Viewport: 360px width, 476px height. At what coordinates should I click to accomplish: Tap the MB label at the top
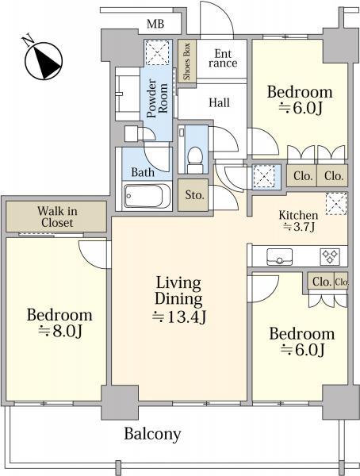click(x=155, y=24)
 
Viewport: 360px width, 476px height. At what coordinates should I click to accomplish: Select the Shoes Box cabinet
click(x=186, y=61)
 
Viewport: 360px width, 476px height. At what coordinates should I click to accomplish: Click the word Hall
click(x=219, y=102)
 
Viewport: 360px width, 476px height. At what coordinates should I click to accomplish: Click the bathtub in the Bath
click(x=147, y=197)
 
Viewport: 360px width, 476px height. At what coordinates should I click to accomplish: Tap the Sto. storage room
click(x=193, y=195)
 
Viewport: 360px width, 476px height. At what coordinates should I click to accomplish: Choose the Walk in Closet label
click(x=57, y=217)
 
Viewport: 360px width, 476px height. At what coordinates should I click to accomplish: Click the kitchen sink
click(x=280, y=257)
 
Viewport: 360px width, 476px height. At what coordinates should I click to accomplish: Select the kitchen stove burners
click(x=330, y=257)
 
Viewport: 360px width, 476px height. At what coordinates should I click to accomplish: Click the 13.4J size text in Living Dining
click(x=178, y=317)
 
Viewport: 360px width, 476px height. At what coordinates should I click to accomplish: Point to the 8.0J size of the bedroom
click(x=59, y=332)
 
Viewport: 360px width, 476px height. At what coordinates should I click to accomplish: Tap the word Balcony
click(x=152, y=434)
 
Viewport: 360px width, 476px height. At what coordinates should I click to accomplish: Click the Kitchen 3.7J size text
click(x=299, y=227)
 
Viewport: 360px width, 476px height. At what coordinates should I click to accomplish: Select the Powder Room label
click(x=157, y=98)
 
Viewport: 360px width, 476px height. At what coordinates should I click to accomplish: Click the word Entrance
click(x=223, y=58)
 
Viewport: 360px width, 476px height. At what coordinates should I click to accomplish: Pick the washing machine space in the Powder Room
click(x=157, y=52)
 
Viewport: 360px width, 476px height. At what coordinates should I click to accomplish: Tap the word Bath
click(x=143, y=172)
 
